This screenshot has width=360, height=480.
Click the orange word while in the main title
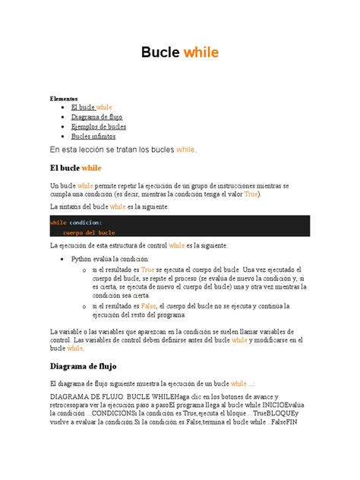pos(201,52)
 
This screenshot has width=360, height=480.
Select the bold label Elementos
pos(65,99)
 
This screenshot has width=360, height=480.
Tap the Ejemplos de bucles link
pos(98,127)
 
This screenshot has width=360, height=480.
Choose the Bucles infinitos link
pos(93,137)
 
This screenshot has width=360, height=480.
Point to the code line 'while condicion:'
pos(76,222)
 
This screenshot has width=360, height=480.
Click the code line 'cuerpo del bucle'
pos(89,232)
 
